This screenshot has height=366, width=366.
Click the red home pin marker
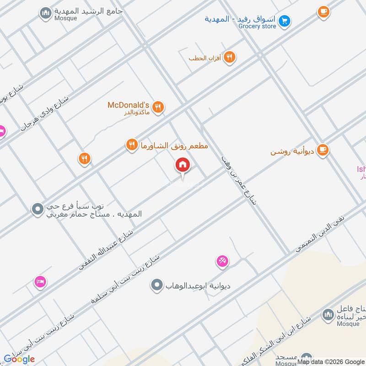point(182,165)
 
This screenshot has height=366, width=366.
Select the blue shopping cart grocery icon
point(285,21)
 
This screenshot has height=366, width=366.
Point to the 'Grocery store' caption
point(257,27)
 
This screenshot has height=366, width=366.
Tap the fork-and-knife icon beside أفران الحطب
point(230,58)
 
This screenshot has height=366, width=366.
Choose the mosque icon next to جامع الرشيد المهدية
point(45,14)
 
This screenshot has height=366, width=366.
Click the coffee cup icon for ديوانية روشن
point(323,150)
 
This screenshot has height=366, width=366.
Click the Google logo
point(19,359)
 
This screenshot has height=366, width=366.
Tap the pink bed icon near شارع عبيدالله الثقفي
point(40,281)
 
